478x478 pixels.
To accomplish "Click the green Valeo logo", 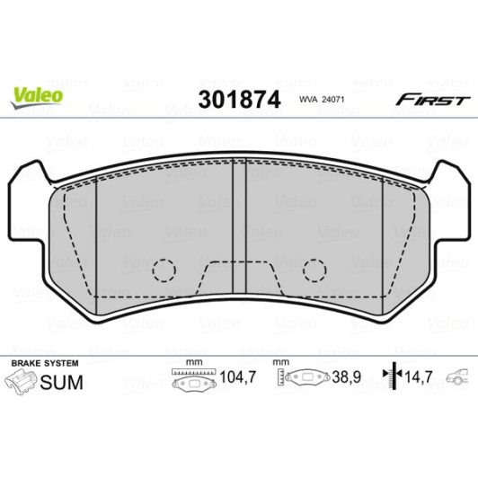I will tap(37, 93).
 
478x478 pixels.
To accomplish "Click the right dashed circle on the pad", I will tap(314, 269).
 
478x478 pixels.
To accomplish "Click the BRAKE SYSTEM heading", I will tap(43, 362).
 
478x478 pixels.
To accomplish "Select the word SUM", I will tap(62, 383).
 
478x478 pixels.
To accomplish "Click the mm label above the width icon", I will tap(190, 362).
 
